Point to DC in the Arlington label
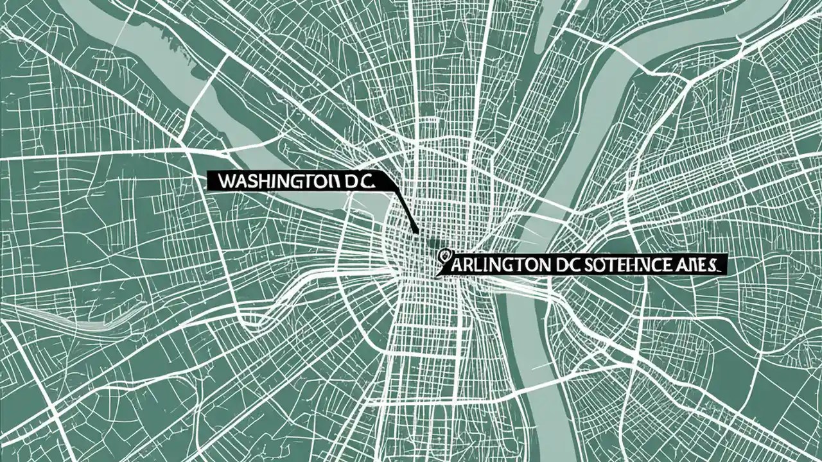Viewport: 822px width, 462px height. pyautogui.click(x=566, y=264)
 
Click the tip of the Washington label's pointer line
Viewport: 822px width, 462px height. pyautogui.click(x=417, y=232)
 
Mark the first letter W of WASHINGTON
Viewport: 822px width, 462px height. pyautogui.click(x=224, y=182)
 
